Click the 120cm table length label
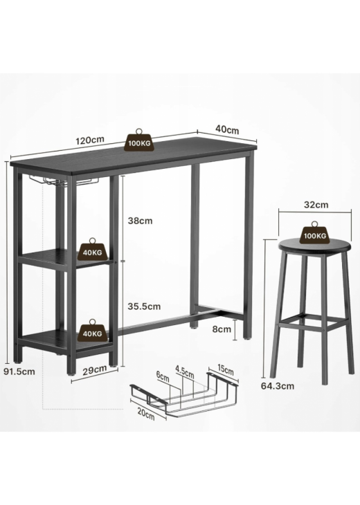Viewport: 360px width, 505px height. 90,140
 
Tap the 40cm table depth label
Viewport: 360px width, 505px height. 227,129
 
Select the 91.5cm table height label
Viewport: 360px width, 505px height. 19,371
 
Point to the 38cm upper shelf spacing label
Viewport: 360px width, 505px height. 141,221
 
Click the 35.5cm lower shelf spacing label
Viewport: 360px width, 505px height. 144,306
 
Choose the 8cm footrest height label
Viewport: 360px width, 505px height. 222,329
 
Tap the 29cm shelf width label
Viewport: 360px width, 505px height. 94,370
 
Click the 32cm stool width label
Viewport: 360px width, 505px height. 316,205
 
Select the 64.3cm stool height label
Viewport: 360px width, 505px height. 278,386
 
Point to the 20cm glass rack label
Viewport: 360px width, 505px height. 146,414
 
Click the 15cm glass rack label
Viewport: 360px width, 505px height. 226,370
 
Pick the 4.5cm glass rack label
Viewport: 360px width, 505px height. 185,371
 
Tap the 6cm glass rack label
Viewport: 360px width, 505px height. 163,376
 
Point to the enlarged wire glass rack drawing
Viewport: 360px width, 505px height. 184,394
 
